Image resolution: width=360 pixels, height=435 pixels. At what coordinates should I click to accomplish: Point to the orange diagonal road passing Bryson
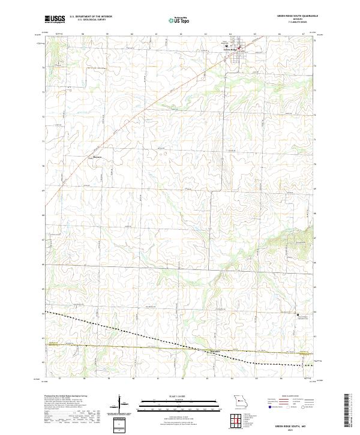(x=120, y=133)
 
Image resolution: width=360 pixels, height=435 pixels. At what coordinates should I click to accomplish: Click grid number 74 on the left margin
(x=43, y=68)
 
